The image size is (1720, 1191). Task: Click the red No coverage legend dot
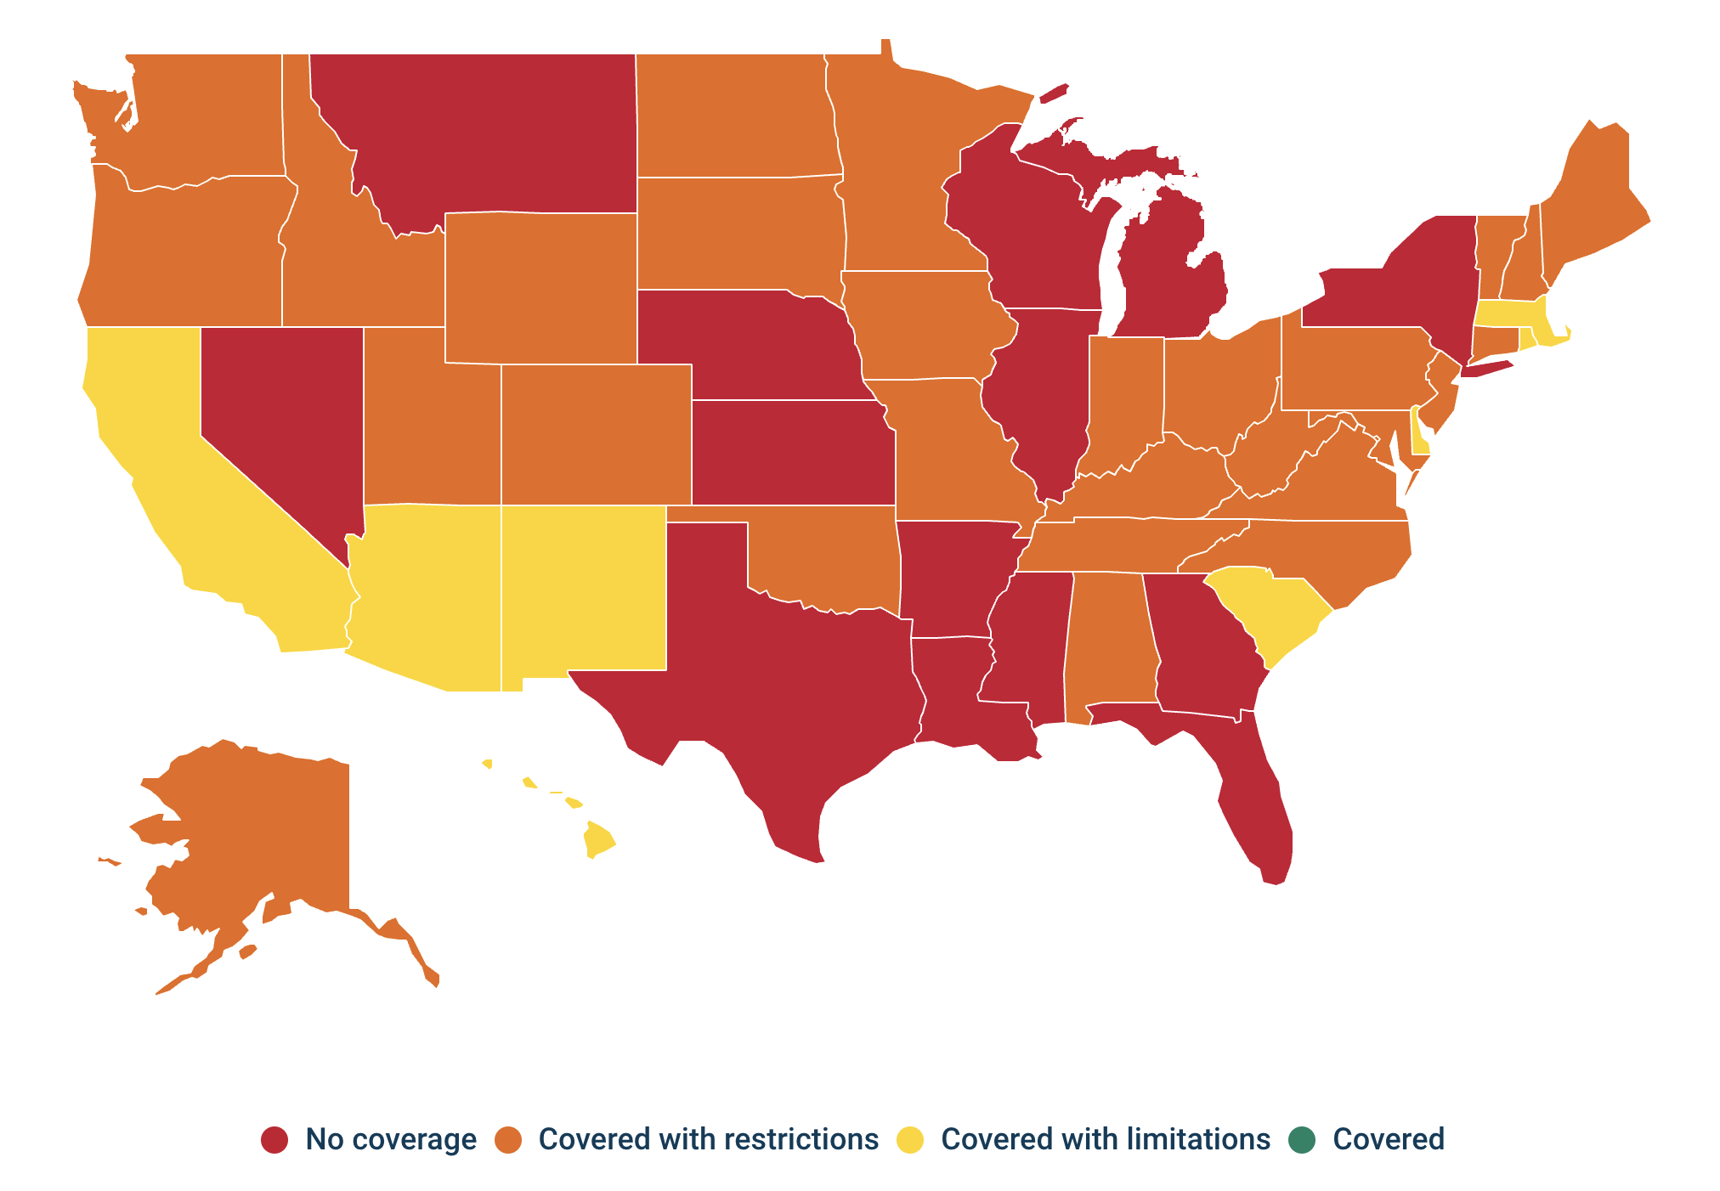point(274,1139)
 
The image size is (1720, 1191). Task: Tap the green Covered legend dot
point(1301,1139)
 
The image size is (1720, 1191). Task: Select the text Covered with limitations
point(1105,1139)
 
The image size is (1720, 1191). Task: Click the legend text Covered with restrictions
point(708,1139)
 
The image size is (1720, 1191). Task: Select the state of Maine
point(1589,204)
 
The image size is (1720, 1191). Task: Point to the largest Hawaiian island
point(598,839)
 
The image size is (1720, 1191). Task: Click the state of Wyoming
point(540,289)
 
